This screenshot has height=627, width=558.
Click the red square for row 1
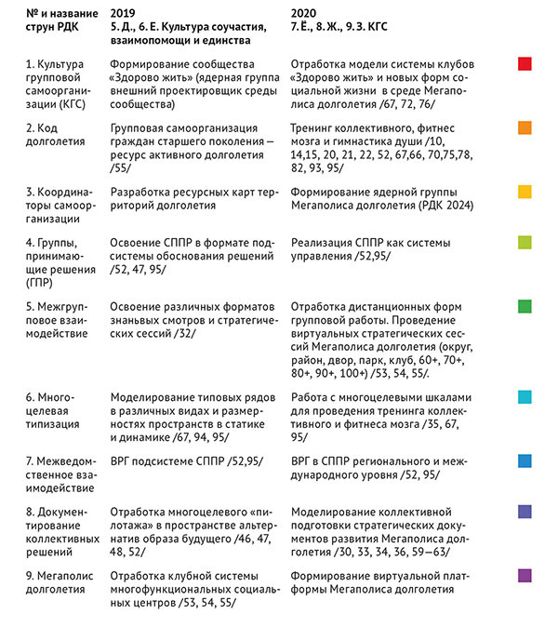coord(525,63)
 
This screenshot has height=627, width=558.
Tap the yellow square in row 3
coord(525,192)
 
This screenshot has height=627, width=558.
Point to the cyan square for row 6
coord(525,397)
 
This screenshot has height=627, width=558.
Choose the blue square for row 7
coord(525,460)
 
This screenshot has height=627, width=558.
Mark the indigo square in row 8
coord(525,512)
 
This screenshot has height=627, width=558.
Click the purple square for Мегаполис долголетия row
coord(525,576)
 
